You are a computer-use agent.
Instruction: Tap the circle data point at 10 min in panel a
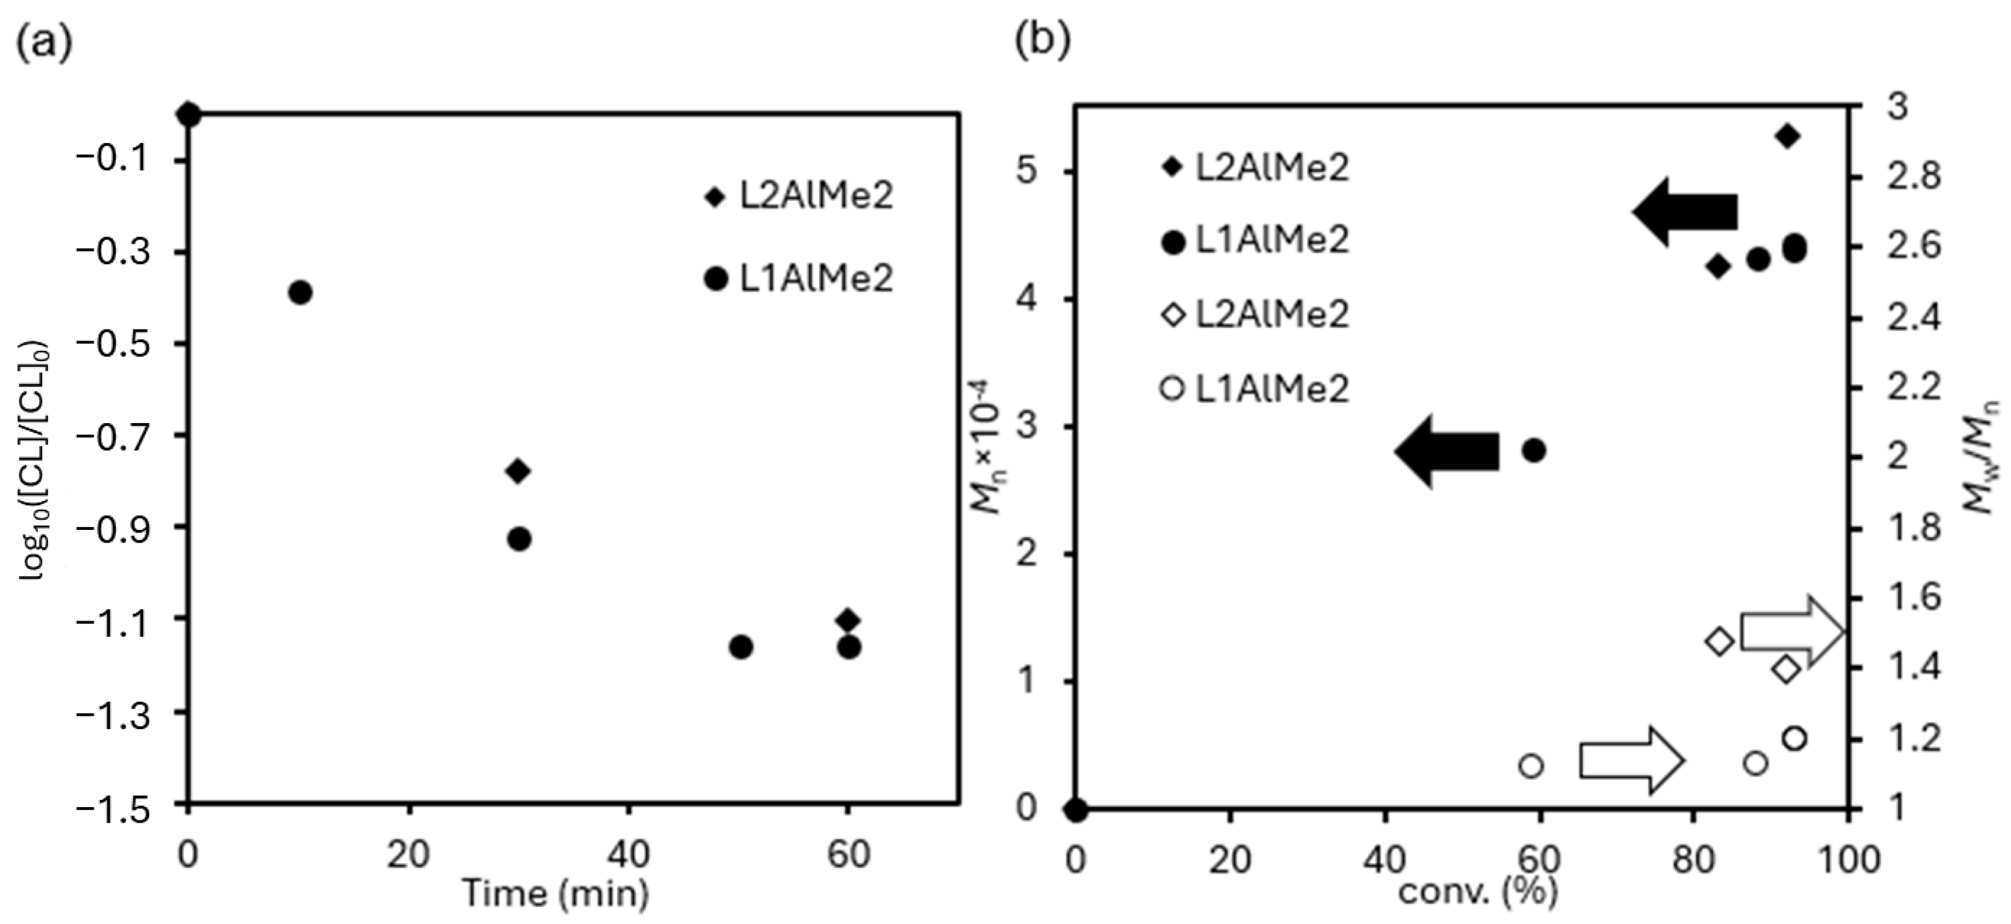pyautogui.click(x=301, y=293)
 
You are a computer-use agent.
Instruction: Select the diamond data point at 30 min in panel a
pyautogui.click(x=518, y=470)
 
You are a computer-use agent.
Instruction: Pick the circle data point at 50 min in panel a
pyautogui.click(x=741, y=647)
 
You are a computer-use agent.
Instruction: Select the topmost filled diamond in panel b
pyautogui.click(x=1788, y=136)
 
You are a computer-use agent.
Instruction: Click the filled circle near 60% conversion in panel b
pyautogui.click(x=1534, y=450)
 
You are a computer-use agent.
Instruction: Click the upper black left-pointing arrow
pyautogui.click(x=1686, y=212)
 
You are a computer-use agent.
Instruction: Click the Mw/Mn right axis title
pyautogui.click(x=1983, y=456)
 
